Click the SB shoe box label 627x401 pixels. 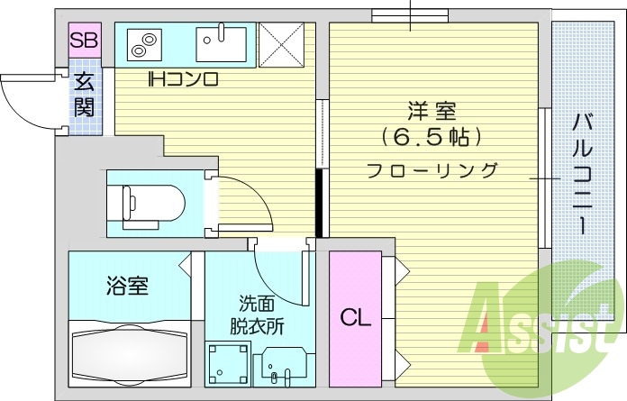[85, 41]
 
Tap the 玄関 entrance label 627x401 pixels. [85, 95]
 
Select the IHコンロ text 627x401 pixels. [184, 79]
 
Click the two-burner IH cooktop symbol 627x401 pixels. [142, 41]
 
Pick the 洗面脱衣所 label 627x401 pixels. [260, 313]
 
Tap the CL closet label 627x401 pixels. [355, 317]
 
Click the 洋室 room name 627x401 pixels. [432, 112]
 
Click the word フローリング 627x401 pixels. [432, 169]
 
